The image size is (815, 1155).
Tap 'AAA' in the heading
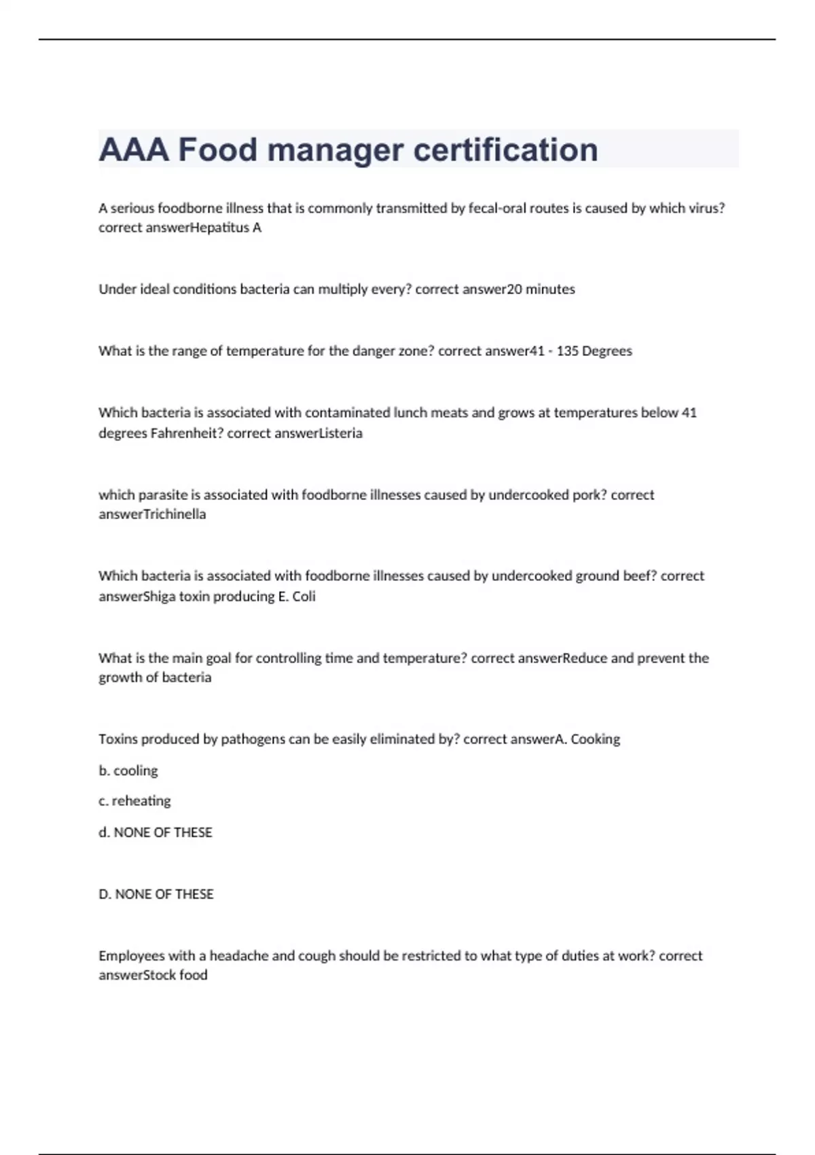click(134, 149)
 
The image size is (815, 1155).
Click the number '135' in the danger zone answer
click(567, 351)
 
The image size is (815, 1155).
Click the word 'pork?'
click(590, 495)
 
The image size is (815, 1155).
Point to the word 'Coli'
click(304, 597)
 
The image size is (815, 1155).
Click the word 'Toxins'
click(118, 739)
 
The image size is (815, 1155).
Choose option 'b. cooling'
click(128, 771)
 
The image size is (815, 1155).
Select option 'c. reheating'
click(134, 801)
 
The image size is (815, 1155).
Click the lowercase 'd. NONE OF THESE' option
click(156, 833)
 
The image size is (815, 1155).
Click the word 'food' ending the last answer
click(194, 975)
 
